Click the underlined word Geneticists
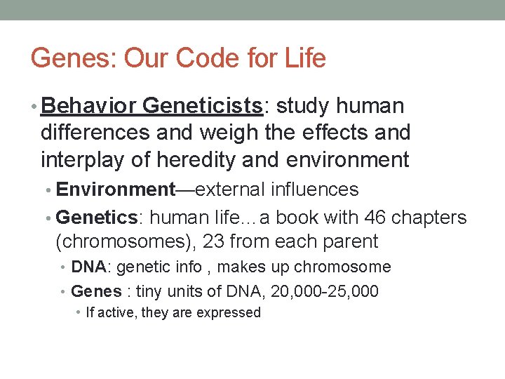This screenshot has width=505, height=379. click(x=202, y=106)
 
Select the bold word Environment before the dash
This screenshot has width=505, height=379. click(x=115, y=189)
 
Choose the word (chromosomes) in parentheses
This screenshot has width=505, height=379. click(x=126, y=241)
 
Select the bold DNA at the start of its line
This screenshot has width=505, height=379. click(x=88, y=267)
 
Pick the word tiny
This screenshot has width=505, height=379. click(x=149, y=291)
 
